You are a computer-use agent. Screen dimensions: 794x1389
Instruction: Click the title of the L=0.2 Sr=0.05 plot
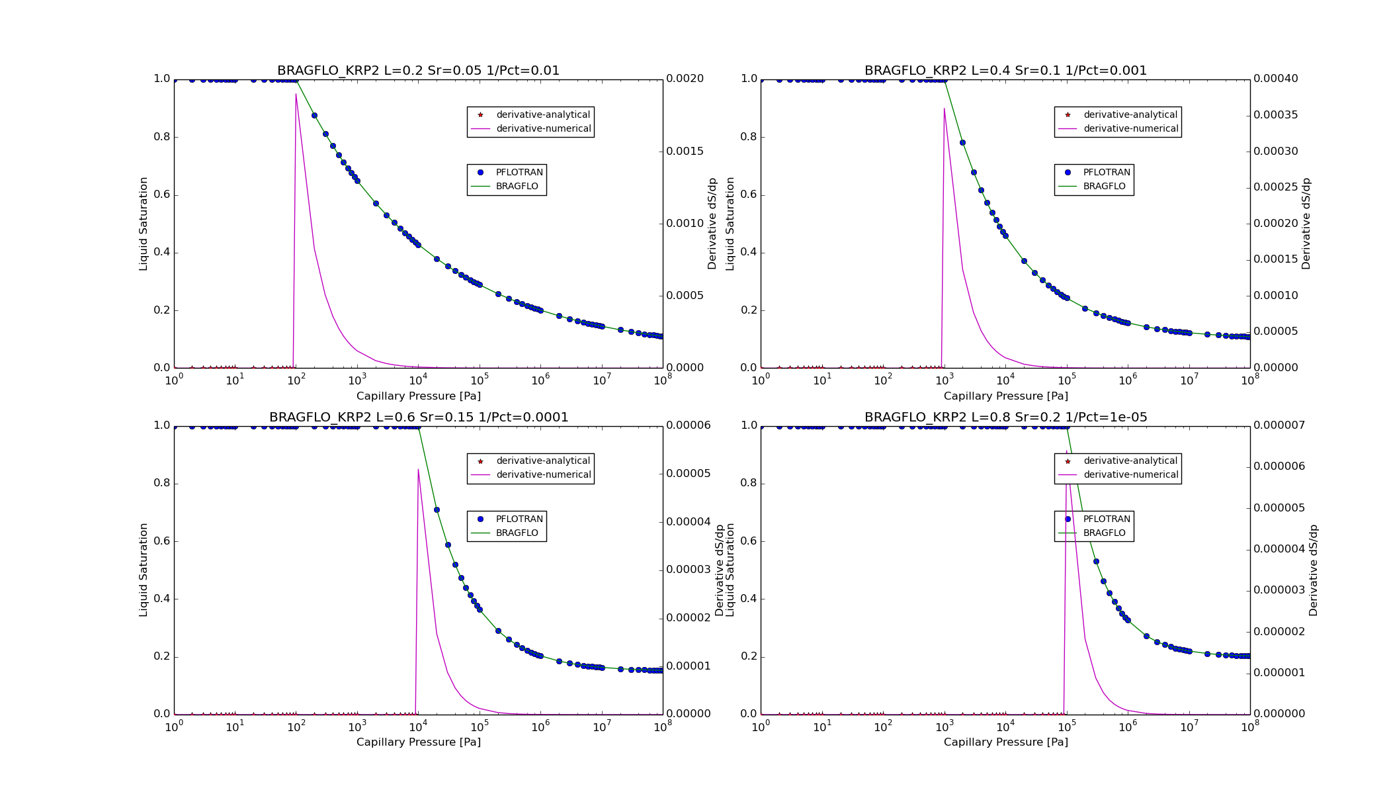tap(418, 71)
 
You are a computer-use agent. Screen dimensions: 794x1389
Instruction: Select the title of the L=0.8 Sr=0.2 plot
tap(1005, 418)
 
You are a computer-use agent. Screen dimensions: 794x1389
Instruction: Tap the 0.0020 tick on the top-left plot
tap(685, 79)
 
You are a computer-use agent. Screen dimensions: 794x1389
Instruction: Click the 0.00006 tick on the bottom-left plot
tap(688, 425)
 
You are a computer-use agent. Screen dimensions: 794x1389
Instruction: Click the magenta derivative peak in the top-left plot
tap(296, 95)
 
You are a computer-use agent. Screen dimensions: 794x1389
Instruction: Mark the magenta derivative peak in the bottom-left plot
tap(418, 469)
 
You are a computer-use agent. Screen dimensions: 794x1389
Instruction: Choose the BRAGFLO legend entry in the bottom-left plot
tap(517, 533)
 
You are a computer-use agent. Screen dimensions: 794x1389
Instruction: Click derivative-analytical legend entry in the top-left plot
tap(542, 115)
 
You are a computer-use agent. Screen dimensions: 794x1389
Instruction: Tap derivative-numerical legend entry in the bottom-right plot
tap(1130, 475)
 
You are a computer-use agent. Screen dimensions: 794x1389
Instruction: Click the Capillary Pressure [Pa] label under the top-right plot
tap(1005, 396)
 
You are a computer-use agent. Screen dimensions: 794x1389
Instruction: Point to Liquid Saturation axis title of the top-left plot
tap(144, 224)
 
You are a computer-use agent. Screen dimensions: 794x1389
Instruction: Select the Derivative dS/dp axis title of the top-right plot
tap(1306, 224)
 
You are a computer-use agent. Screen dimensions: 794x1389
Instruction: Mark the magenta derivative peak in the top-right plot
tap(944, 109)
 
